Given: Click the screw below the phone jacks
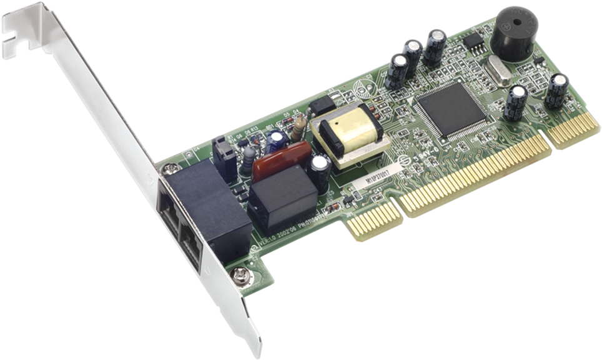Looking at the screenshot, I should click(x=238, y=273).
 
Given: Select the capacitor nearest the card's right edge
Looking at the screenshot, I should click(x=557, y=91).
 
